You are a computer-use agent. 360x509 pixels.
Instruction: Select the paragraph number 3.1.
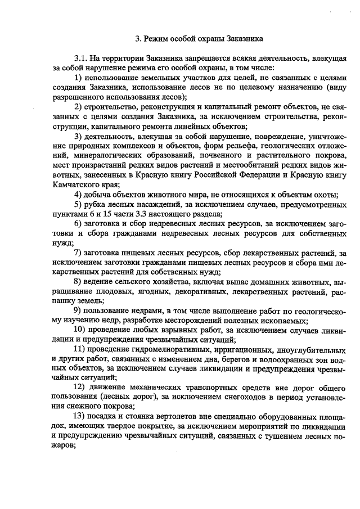pos(81,58)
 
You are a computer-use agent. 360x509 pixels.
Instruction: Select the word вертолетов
pos(172,415)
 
